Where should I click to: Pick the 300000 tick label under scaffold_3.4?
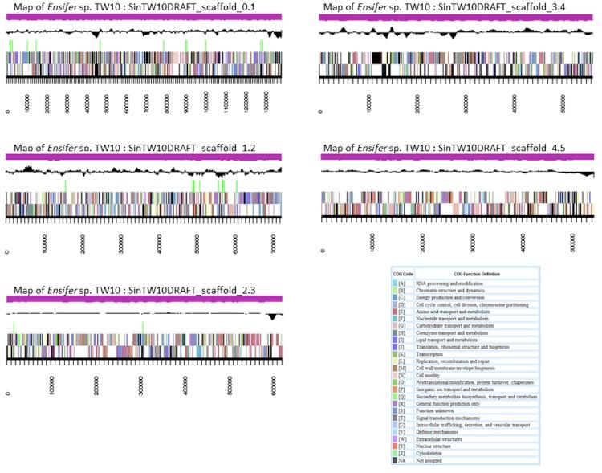pyautogui.click(x=466, y=104)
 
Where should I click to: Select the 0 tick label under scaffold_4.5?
pyautogui.click(x=323, y=251)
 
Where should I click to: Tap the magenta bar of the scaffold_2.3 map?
pyautogui.click(x=144, y=299)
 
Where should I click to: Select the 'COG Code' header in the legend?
pyautogui.click(x=402, y=274)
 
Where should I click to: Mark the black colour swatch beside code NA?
pyautogui.click(x=395, y=460)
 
